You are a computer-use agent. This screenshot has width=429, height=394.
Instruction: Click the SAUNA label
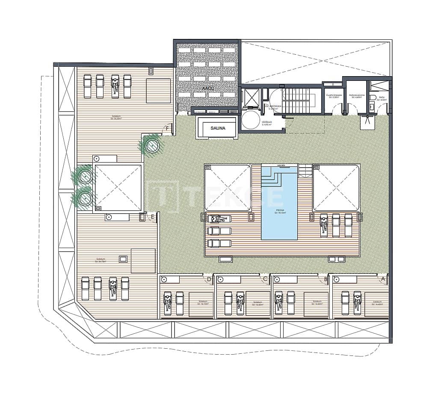[218, 127]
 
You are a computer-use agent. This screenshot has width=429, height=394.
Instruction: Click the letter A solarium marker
[383, 278]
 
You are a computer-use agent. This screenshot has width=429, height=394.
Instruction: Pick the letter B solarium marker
[325, 279]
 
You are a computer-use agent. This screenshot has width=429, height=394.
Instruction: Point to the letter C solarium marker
[265, 279]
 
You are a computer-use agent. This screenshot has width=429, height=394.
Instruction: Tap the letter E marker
[153, 217]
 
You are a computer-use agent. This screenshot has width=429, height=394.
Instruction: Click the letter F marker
[168, 129]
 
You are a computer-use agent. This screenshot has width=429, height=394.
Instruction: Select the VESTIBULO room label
[266, 123]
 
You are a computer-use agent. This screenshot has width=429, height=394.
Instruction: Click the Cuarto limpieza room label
[333, 97]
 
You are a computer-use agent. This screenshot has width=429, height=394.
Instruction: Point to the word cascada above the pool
[281, 165]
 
